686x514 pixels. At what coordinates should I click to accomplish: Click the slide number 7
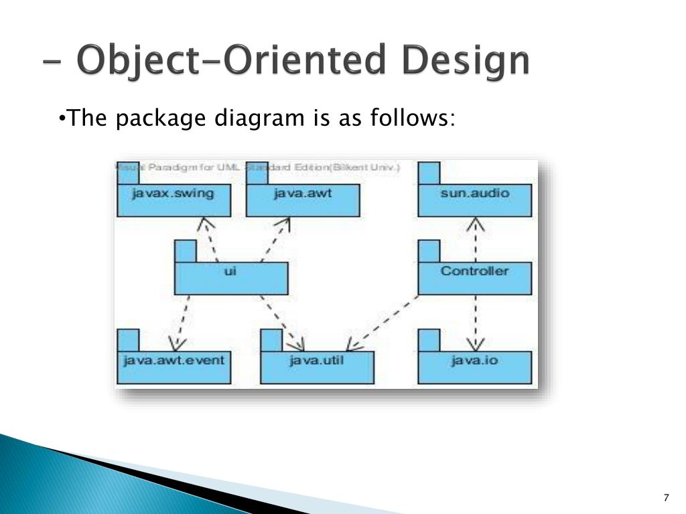(666, 497)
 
